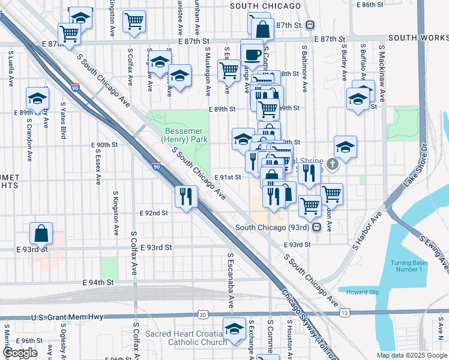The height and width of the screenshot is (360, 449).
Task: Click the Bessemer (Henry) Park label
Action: click(x=184, y=135)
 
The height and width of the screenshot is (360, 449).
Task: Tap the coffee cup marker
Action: click(x=252, y=54)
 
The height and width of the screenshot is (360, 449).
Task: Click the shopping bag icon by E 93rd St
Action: click(x=41, y=233)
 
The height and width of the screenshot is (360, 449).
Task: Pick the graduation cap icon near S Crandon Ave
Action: click(x=37, y=98)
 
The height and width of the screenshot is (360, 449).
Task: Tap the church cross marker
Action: click(x=332, y=163)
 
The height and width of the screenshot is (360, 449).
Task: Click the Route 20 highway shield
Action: click(x=203, y=314)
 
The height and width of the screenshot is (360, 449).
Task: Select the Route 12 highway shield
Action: click(x=344, y=313)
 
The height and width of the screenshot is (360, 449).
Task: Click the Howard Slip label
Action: click(x=363, y=292)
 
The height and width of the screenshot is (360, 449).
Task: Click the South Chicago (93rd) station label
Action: click(x=273, y=227)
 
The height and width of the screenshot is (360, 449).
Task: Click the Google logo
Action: click(x=20, y=353)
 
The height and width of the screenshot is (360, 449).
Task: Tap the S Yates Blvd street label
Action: click(x=62, y=120)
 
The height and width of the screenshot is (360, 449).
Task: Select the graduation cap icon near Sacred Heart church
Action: click(x=234, y=328)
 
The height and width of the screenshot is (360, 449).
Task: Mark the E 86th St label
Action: click(x=370, y=5)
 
